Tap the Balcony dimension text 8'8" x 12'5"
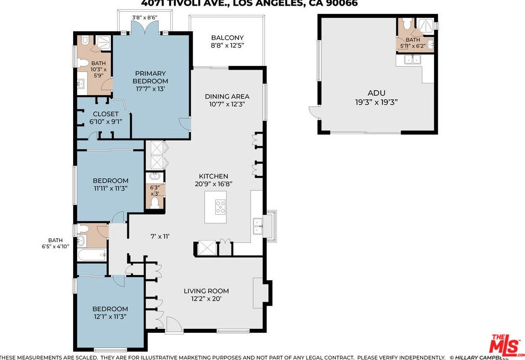(227, 46)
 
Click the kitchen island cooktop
(220, 207)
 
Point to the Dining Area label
(227, 96)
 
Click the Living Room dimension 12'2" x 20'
(206, 299)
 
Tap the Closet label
(105, 114)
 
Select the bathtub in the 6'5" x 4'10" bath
(92, 254)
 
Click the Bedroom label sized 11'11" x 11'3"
(110, 181)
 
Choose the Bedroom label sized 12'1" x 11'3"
(110, 309)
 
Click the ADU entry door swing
(313, 113)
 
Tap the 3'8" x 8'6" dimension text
(144, 17)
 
